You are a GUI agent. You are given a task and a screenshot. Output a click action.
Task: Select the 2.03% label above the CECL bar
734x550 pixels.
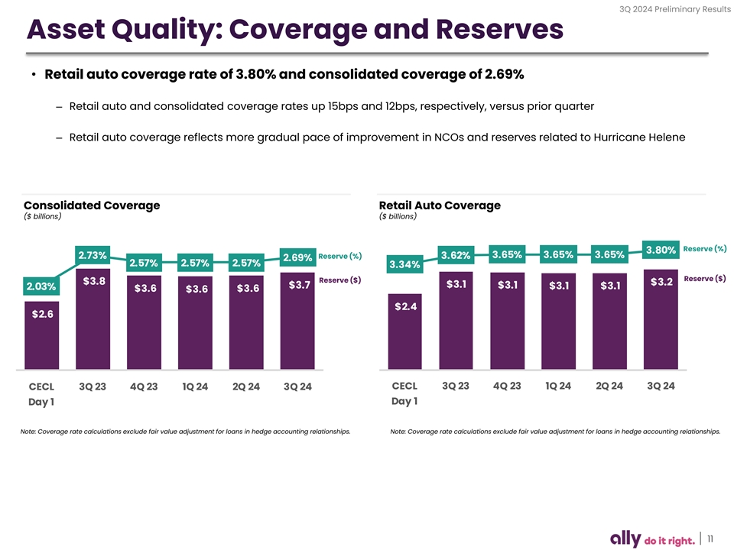tap(41, 286)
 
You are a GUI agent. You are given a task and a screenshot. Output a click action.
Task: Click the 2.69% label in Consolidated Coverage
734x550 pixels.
tap(297, 257)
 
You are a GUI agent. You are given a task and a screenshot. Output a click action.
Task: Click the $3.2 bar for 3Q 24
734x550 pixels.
tap(661, 321)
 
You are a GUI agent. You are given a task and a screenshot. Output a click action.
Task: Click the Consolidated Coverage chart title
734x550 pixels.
tap(92, 205)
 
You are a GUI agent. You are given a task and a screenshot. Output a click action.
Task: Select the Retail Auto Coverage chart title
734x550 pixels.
tap(440, 205)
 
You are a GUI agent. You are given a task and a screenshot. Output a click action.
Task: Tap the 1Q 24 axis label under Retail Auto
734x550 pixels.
tap(558, 385)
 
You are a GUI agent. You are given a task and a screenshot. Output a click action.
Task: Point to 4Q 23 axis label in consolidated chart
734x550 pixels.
tap(144, 387)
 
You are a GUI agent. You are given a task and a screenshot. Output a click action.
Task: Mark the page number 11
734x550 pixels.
tap(712, 539)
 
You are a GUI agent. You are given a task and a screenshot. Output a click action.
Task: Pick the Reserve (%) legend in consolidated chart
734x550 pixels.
tap(339, 255)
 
